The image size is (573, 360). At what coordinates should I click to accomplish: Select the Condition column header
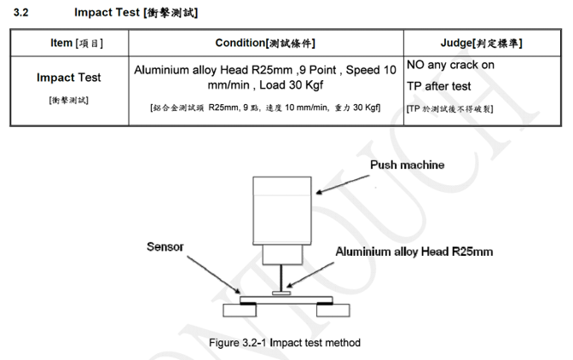[x=266, y=43]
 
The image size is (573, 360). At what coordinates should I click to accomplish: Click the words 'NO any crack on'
[x=450, y=65]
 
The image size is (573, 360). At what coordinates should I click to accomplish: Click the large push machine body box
[x=282, y=208]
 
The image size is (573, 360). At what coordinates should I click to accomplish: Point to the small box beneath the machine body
[x=281, y=253]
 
